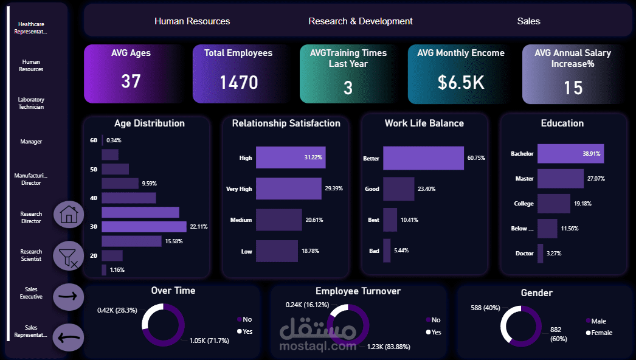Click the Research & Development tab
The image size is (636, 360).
pos(360,21)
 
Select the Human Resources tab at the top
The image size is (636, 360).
pos(192,21)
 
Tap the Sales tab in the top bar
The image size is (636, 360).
pos(528,21)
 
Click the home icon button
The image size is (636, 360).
pos(69,215)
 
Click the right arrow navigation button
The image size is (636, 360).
pos(69,297)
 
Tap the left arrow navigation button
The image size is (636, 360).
pos(69,336)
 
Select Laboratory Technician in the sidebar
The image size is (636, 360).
pos(31,103)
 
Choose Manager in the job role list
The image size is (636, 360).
pos(31,142)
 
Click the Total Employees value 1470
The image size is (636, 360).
pos(238,82)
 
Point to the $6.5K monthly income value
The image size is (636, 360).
pos(461,82)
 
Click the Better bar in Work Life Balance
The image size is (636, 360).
pos(423,158)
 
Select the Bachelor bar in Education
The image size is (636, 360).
pos(570,154)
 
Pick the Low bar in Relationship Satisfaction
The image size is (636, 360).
pos(276,251)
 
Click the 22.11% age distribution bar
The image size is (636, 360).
pos(143,227)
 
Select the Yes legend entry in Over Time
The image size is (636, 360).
pos(247,331)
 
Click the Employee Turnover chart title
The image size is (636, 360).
pos(358,291)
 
